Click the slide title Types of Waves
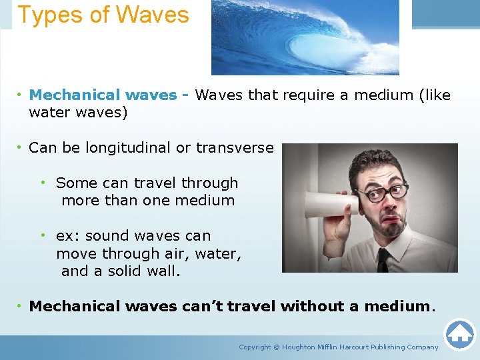[x=103, y=15]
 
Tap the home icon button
[x=459, y=333]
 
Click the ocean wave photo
[x=305, y=37]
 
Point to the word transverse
[x=235, y=148]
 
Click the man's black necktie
[x=383, y=259]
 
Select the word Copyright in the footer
[x=255, y=347]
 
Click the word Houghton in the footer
[x=299, y=347]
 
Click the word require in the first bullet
[x=309, y=95]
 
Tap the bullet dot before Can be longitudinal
[x=20, y=148]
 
